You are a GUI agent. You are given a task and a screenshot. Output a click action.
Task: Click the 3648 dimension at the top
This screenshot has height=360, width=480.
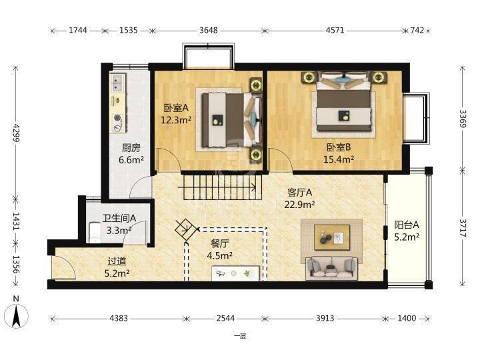pos(209,30)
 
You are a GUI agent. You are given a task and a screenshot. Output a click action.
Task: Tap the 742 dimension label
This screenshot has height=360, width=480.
pos(417,30)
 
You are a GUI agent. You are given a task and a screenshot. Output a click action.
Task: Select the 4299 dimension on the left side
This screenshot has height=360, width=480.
pos(16,133)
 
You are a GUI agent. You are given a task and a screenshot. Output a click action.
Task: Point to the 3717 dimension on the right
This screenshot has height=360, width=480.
pos(463,228)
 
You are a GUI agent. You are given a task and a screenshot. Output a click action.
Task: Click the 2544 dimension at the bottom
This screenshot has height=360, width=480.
pos(225,319)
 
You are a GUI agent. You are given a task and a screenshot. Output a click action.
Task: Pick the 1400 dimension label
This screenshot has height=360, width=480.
pos(407,319)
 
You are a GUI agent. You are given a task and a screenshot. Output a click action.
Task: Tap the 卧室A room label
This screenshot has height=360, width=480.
pos(176,108)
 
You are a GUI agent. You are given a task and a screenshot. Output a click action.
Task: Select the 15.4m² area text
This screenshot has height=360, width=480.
pos(339,159)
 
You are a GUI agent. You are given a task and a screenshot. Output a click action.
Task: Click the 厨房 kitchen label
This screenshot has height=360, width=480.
pos(131,148)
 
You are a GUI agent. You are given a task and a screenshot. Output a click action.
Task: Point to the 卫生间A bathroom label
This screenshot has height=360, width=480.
pos(119,218)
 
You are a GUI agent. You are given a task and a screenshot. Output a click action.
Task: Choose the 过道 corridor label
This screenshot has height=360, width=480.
pos(117,261)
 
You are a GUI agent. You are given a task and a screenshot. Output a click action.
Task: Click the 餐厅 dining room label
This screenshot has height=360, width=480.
pos(219,244)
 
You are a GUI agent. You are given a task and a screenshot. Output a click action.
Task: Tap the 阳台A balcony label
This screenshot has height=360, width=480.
pos(406,225)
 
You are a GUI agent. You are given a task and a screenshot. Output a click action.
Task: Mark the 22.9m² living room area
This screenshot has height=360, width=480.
pos(299,204)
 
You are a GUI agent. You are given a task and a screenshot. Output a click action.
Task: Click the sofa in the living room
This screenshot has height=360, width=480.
pos(331,269)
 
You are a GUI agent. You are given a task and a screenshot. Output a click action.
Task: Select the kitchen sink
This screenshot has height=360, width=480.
pos(117,83)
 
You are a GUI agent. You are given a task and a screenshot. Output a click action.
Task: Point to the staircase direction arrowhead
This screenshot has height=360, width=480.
pos(254,187)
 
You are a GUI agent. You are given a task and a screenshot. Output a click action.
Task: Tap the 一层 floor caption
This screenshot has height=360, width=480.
pos(240,336)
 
